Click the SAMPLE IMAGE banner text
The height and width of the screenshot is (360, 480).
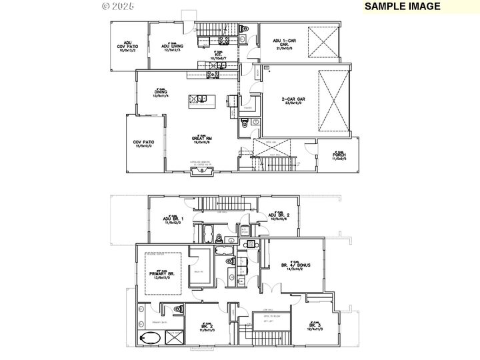[411, 7]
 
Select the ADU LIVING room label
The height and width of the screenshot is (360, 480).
[171, 45]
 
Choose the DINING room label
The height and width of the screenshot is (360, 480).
[160, 93]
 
